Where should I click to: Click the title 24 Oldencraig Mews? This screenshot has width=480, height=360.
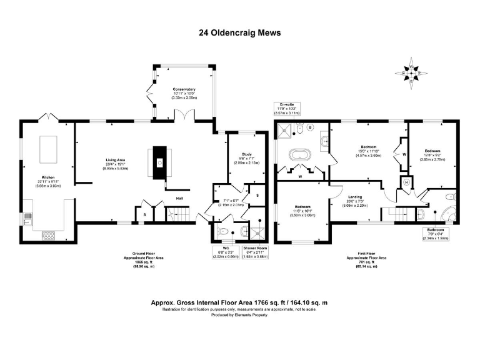coord(239,32)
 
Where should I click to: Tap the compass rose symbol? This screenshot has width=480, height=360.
coord(411,73)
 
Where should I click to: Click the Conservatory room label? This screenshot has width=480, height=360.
coord(184,94)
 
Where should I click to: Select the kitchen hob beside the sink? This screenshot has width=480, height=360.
coord(47,234)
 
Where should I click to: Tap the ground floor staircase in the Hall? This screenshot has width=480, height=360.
coord(179,216)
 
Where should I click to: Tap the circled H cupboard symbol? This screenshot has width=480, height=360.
coord(407,182)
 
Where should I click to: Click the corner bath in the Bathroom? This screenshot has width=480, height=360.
coord(447,212)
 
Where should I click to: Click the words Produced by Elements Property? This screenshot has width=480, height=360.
coord(239,314)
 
